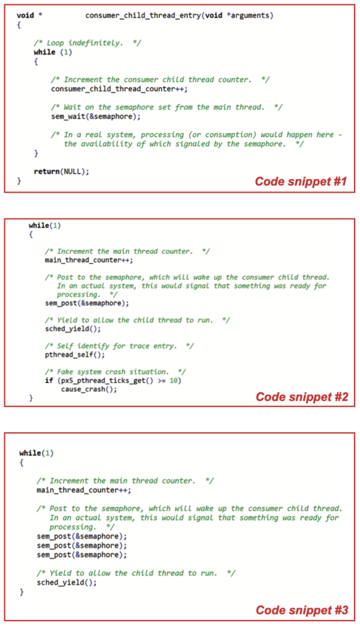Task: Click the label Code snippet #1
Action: click(301, 181)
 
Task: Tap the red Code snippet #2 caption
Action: click(302, 396)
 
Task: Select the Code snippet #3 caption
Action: click(302, 610)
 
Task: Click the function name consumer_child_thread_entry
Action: click(143, 15)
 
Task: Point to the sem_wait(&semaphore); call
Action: click(96, 117)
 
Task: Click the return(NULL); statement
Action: click(62, 172)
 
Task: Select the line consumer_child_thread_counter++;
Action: click(119, 89)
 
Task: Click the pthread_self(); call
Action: click(75, 355)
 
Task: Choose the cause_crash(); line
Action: click(89, 389)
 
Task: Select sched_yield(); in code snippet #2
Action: click(73, 329)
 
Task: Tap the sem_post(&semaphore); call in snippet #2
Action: click(87, 303)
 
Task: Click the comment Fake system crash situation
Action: click(116, 372)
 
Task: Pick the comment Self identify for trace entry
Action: click(119, 346)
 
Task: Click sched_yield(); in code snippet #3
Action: click(67, 583)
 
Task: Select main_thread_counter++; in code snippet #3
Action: click(84, 490)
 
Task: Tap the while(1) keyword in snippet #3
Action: click(36, 453)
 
